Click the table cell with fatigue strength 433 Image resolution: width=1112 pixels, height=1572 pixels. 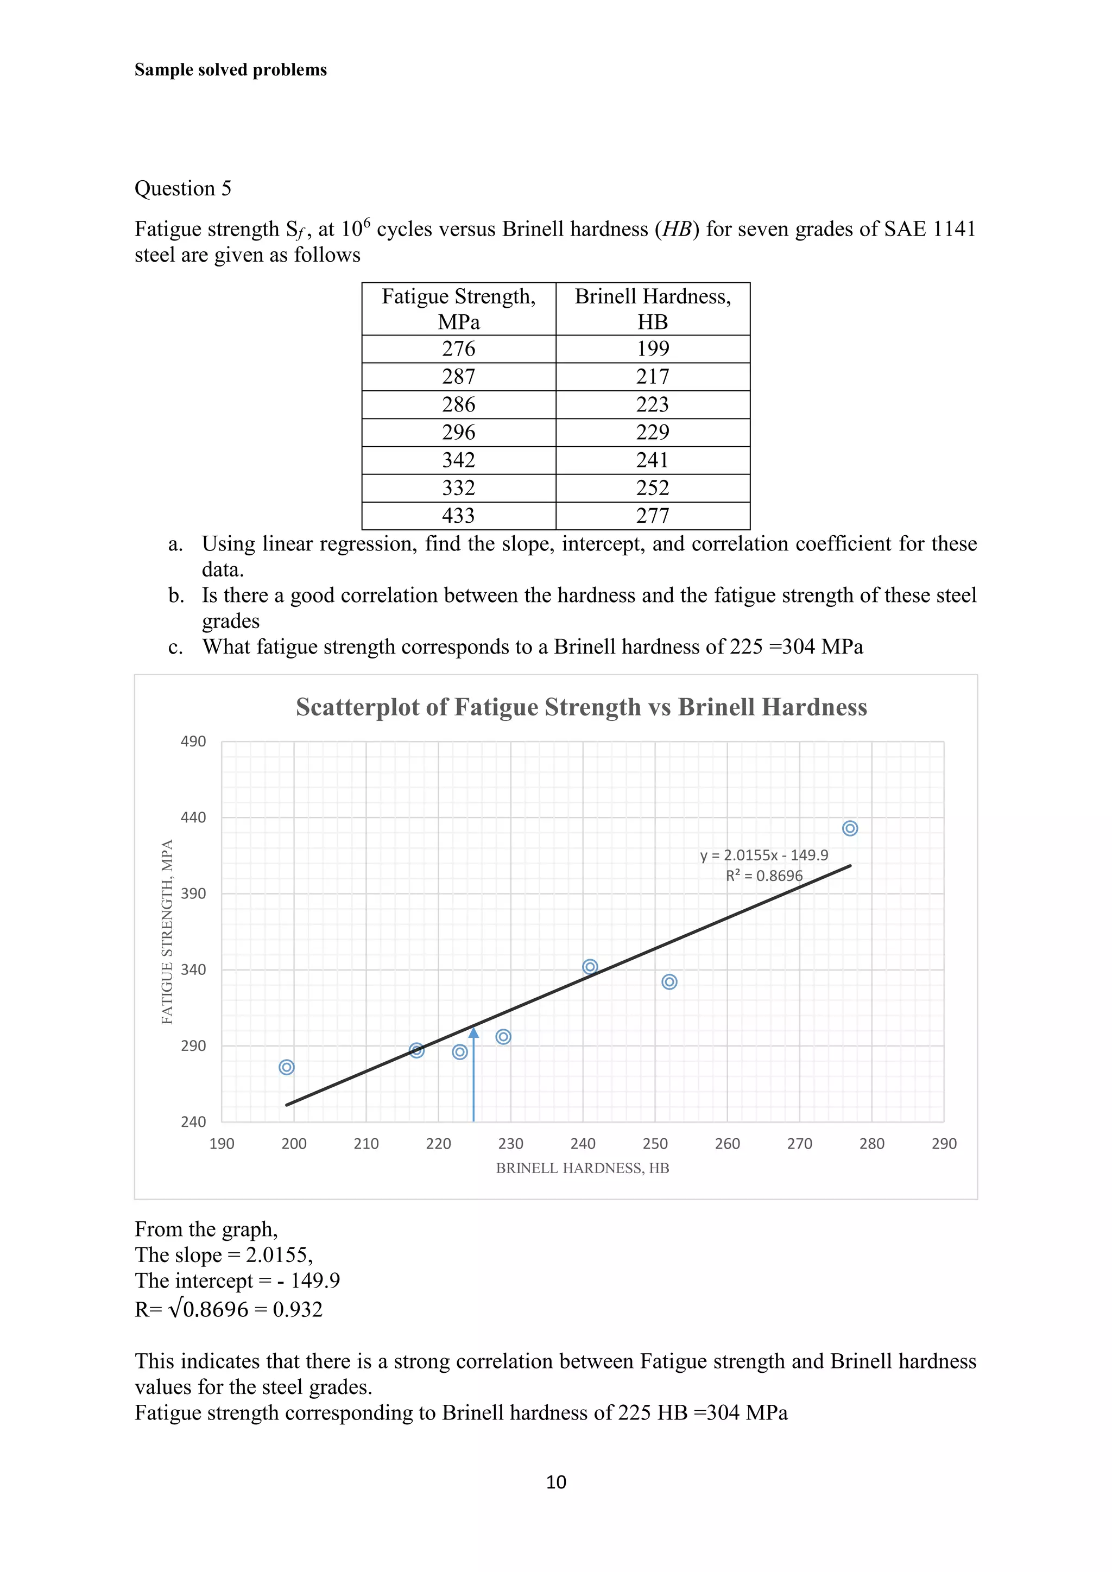[x=458, y=516]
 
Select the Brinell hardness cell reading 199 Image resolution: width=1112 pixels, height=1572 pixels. [x=653, y=348]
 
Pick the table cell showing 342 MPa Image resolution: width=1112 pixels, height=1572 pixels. [x=458, y=460]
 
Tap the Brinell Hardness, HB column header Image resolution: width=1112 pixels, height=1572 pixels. [x=653, y=309]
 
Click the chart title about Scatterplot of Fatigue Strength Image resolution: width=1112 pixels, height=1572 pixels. [x=582, y=707]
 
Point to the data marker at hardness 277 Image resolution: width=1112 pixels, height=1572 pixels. [x=850, y=828]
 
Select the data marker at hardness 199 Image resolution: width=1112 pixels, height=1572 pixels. [x=287, y=1067]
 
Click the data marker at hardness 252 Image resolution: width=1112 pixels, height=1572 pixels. [x=669, y=982]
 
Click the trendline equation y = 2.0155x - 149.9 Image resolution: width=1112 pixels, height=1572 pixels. [x=763, y=855]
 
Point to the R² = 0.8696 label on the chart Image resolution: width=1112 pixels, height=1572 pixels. [x=764, y=876]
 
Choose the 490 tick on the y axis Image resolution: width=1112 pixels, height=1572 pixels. [x=193, y=741]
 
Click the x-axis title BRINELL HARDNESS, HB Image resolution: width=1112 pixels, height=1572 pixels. [x=582, y=1168]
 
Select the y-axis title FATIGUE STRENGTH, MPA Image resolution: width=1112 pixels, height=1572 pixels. [x=167, y=932]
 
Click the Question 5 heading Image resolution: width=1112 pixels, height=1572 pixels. [x=183, y=188]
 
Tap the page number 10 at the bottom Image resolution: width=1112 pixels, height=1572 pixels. [x=556, y=1482]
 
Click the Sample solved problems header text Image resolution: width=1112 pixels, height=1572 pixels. [x=231, y=70]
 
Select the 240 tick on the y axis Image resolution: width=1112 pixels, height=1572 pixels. [x=193, y=1121]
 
